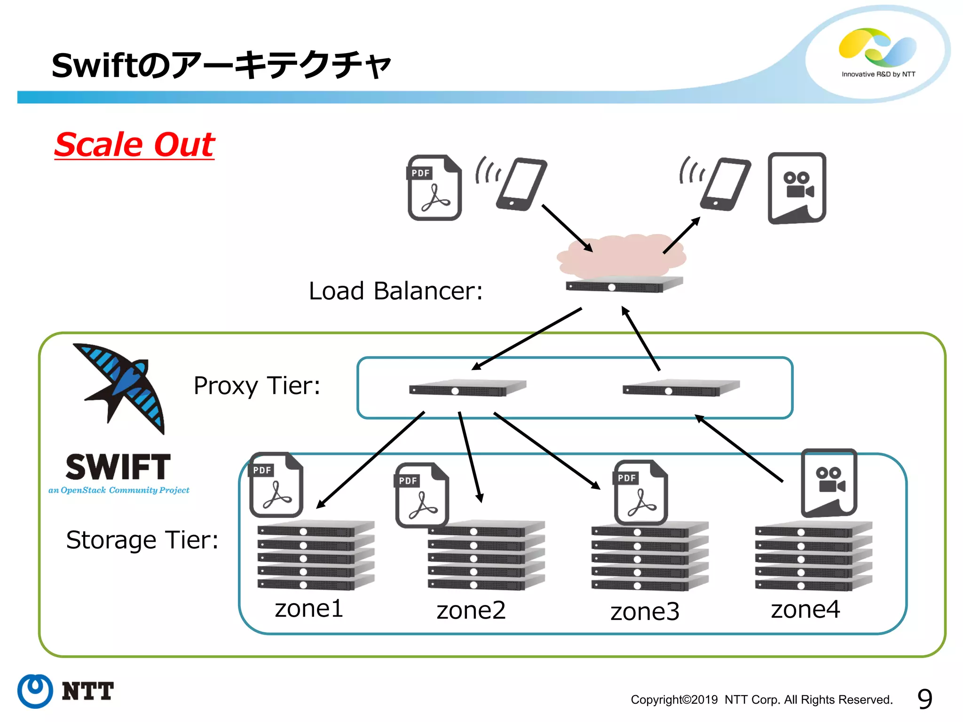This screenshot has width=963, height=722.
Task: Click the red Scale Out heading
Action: (x=134, y=144)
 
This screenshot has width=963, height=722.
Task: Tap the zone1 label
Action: (x=309, y=608)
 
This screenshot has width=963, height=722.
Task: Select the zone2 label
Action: (x=471, y=610)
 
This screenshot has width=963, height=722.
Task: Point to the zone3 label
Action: (x=645, y=612)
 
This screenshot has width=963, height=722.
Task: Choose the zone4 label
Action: (x=805, y=609)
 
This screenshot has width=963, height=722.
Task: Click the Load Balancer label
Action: (x=395, y=290)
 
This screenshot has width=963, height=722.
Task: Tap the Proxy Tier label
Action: (x=257, y=386)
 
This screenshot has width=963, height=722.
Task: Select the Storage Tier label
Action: (x=142, y=540)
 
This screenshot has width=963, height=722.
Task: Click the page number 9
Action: (x=924, y=699)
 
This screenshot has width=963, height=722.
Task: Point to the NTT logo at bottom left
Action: (x=66, y=691)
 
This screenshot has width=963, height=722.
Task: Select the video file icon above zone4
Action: (x=829, y=483)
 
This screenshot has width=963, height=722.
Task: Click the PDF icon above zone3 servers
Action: (x=640, y=492)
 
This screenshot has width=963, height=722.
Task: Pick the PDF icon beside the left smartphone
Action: (x=434, y=188)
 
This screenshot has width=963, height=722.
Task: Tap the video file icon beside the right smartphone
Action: (x=797, y=188)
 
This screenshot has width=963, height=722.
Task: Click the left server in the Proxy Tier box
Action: (x=467, y=388)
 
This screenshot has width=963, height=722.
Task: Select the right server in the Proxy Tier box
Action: (x=681, y=388)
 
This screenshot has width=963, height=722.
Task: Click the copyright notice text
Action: (x=761, y=699)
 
